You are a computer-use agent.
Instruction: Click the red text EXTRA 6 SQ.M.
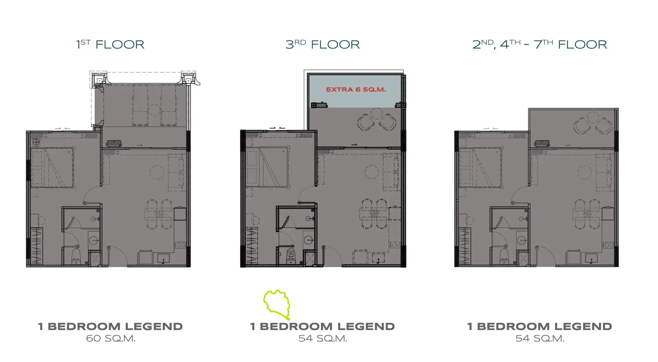tap(356, 89)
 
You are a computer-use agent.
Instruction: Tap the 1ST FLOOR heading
tap(110, 44)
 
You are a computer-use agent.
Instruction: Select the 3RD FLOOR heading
tap(322, 44)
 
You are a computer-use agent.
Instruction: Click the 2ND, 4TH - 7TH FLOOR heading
tap(540, 44)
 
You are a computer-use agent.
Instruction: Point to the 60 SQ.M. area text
tap(111, 338)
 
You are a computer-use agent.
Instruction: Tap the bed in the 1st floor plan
tap(52, 168)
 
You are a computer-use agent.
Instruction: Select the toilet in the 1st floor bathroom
tap(76, 256)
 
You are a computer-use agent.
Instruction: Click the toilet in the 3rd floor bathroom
tap(291, 256)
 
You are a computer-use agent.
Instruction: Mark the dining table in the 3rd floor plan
tap(374, 214)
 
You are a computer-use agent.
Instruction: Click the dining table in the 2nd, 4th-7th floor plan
tap(588, 214)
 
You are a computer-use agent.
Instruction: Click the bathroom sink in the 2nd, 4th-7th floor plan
tap(522, 240)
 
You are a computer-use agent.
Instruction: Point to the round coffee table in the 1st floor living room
tap(157, 172)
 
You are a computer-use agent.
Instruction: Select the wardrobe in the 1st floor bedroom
tap(37, 246)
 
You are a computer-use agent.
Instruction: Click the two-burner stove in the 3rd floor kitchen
tap(395, 245)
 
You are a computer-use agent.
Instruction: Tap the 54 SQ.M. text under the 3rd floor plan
tap(323, 338)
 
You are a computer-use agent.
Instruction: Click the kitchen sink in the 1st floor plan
tap(164, 258)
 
